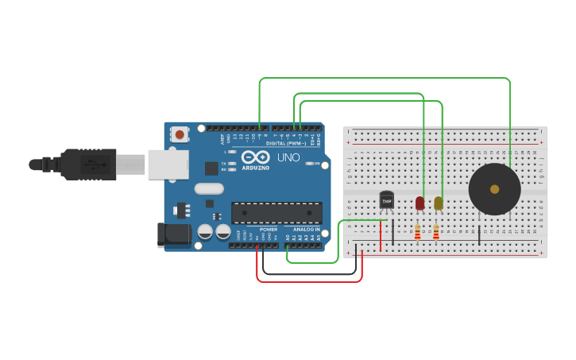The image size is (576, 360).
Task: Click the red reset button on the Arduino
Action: (180, 134)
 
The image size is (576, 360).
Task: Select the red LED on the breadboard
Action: (419, 203)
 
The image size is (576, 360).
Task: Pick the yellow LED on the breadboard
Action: (438, 203)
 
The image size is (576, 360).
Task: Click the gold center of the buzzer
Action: (494, 189)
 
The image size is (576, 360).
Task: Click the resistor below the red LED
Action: (418, 232)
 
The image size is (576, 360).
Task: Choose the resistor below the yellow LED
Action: (436, 232)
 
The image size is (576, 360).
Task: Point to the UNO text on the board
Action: (288, 157)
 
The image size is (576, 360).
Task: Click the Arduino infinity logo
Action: (256, 157)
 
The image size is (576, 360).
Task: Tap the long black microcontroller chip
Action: (276, 212)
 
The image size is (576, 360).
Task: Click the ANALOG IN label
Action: (306, 230)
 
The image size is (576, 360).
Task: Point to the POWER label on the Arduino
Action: (269, 230)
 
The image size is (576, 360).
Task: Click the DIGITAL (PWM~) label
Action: (286, 143)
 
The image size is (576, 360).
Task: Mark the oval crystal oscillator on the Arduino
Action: (209, 188)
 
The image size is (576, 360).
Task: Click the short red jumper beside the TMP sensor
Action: (381, 235)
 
